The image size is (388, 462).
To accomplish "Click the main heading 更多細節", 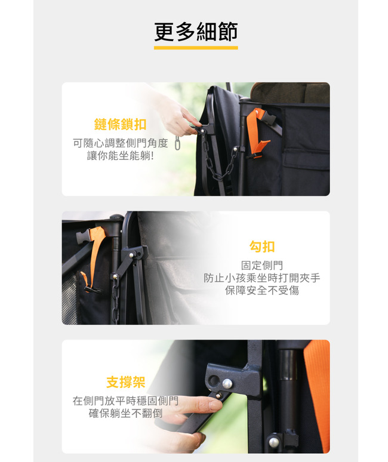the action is click(x=196, y=32).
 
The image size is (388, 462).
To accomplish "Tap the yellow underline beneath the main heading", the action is click(x=196, y=47).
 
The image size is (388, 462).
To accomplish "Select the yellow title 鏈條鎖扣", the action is click(x=120, y=124).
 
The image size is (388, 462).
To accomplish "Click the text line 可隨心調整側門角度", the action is click(x=120, y=143).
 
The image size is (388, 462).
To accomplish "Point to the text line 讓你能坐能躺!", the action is click(x=120, y=156).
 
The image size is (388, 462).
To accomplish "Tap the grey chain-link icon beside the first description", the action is click(x=177, y=143).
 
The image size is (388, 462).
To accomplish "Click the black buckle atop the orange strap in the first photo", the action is click(x=268, y=116).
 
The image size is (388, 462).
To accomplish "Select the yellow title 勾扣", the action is click(x=262, y=247).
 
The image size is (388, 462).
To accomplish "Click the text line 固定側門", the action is click(x=262, y=265).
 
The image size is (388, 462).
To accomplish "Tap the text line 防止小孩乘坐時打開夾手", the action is click(x=262, y=278).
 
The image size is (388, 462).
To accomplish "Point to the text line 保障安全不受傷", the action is click(x=262, y=291).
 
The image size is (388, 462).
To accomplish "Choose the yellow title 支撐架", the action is click(x=125, y=382).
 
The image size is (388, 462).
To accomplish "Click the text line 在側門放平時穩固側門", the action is click(x=125, y=401).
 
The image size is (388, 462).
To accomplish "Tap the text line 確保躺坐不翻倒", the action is click(x=125, y=414).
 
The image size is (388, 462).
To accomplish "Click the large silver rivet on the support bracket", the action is click(x=227, y=383).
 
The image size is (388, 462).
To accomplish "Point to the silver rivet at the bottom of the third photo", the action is click(x=274, y=442).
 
